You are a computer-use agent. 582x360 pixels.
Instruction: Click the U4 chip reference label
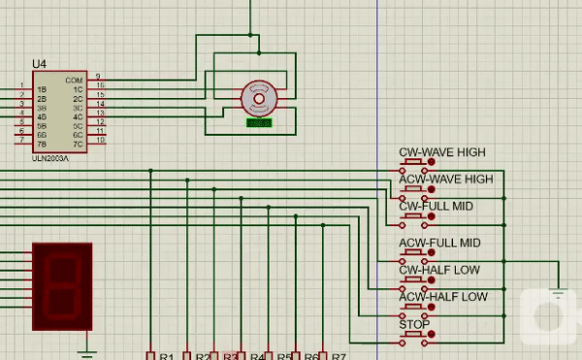[x=39, y=63]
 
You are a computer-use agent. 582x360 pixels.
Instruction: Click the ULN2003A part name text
[x=51, y=158]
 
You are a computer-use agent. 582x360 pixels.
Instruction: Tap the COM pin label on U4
[x=74, y=80]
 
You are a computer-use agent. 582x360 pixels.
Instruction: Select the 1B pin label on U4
[x=42, y=89]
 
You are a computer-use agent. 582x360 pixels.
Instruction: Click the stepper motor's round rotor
[x=259, y=97]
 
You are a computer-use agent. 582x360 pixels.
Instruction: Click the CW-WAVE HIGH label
[x=442, y=152]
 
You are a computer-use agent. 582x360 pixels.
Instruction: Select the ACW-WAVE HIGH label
[x=446, y=180]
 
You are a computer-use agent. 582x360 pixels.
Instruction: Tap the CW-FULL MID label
[x=436, y=207]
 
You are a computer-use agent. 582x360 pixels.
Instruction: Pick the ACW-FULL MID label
[x=440, y=243]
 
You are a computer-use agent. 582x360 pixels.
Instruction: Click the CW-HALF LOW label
[x=439, y=270]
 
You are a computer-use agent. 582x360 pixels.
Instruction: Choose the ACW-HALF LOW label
[x=443, y=297]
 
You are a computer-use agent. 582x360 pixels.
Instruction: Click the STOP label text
[x=415, y=324]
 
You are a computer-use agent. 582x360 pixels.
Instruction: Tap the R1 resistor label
[x=166, y=356]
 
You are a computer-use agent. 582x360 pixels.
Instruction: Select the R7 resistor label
[x=339, y=356]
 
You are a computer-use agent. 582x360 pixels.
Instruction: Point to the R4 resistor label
[x=258, y=356]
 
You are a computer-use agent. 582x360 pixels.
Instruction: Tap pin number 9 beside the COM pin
[x=98, y=77]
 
